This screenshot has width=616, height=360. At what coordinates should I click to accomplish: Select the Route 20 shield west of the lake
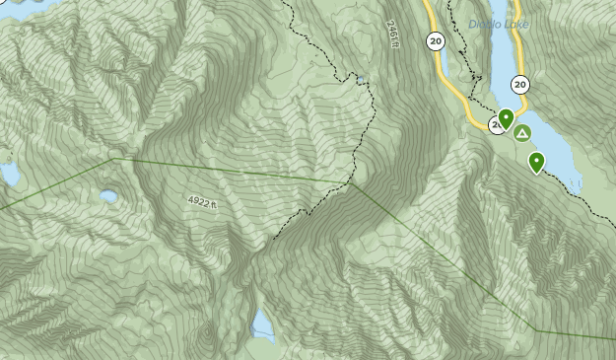435,40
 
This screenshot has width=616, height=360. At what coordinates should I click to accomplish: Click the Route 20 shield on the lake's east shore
520,85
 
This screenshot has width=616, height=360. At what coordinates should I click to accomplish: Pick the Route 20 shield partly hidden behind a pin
496,125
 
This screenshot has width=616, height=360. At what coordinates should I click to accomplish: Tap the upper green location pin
506,119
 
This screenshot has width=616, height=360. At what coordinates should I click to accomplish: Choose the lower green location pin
537,162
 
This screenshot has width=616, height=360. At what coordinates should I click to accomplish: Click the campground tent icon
521,133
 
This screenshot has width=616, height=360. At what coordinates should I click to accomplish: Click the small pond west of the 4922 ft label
108,196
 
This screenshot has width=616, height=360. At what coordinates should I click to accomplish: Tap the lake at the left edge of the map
9,175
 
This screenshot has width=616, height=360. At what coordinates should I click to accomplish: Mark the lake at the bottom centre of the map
262,324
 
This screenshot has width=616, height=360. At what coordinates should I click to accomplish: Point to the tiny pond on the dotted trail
361,80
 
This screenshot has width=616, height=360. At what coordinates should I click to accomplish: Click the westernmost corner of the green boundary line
113,158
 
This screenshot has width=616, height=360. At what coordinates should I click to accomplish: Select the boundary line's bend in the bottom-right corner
535,329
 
